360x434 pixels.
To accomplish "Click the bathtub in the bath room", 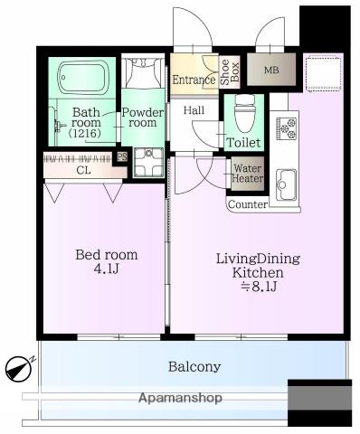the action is (81, 78).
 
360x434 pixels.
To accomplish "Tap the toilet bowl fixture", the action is (244, 114).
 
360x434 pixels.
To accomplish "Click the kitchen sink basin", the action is (286, 184).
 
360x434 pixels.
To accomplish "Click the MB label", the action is (271, 71).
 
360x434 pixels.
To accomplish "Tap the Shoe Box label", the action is (230, 72).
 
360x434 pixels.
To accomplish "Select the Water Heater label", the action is (248, 174).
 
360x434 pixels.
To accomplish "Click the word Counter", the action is (248, 204).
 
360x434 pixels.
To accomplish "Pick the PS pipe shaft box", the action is (122, 156).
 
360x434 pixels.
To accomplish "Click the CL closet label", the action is (83, 171).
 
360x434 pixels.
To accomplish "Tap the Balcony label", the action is (194, 367).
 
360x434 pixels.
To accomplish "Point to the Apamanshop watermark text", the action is (180, 398).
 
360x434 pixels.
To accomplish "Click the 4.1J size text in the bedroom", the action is (107, 269).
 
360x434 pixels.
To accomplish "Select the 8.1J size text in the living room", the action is (259, 287).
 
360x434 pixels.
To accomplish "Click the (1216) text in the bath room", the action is (84, 133).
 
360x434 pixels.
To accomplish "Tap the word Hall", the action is (194, 110).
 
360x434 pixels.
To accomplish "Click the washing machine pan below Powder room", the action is (148, 162).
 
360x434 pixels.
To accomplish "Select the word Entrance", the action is (194, 80).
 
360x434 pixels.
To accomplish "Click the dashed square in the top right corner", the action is (324, 74).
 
